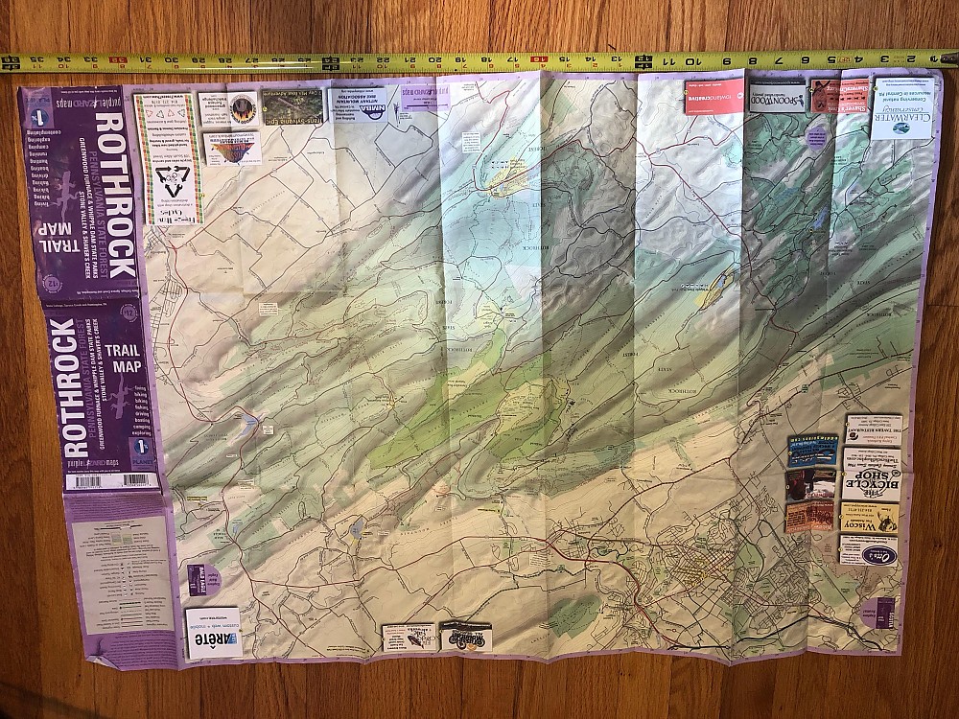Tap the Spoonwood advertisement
point(776,99)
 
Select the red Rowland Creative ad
point(714,97)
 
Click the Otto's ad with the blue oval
point(868,550)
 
